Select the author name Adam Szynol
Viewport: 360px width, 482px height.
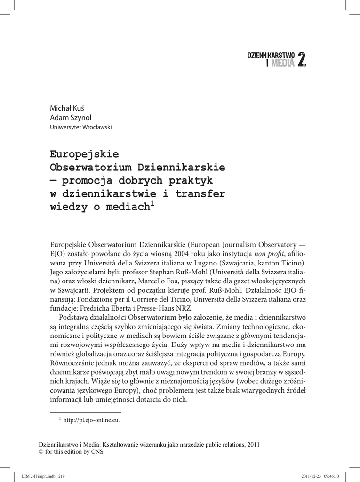click(x=68, y=117)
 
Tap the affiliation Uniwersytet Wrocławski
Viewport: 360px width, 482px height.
click(x=81, y=127)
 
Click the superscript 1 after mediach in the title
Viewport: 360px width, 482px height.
click(x=152, y=204)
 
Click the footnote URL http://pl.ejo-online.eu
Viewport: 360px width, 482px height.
click(x=91, y=420)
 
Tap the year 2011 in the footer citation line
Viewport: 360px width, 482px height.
click(x=253, y=444)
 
